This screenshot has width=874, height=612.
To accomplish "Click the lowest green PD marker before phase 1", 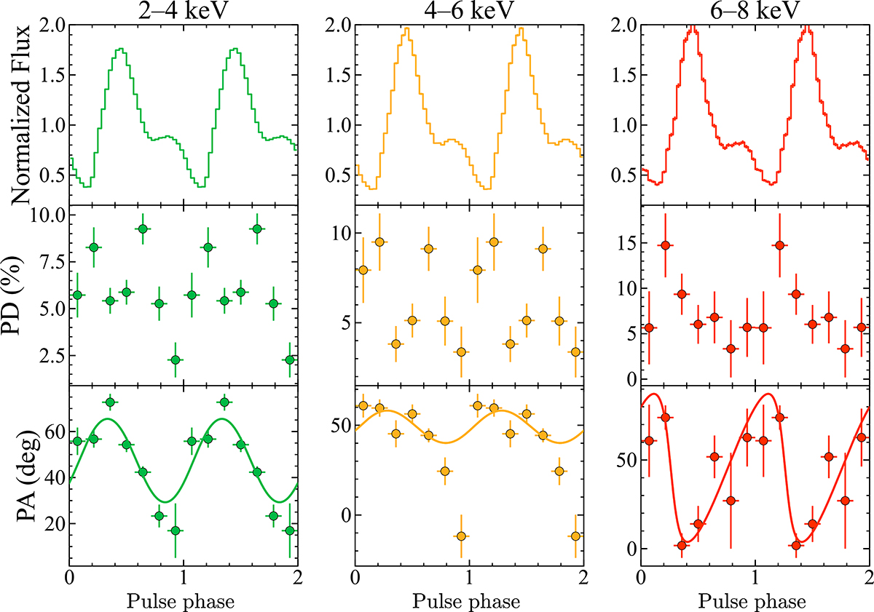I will pyautogui.click(x=175, y=359).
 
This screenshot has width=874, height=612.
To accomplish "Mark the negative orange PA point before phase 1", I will pyautogui.click(x=460, y=536).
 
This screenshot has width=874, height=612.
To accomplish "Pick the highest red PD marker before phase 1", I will pyautogui.click(x=664, y=245).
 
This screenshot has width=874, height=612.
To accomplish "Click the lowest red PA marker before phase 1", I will pyautogui.click(x=682, y=545).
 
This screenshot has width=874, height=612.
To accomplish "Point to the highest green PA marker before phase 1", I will pyautogui.click(x=110, y=402).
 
